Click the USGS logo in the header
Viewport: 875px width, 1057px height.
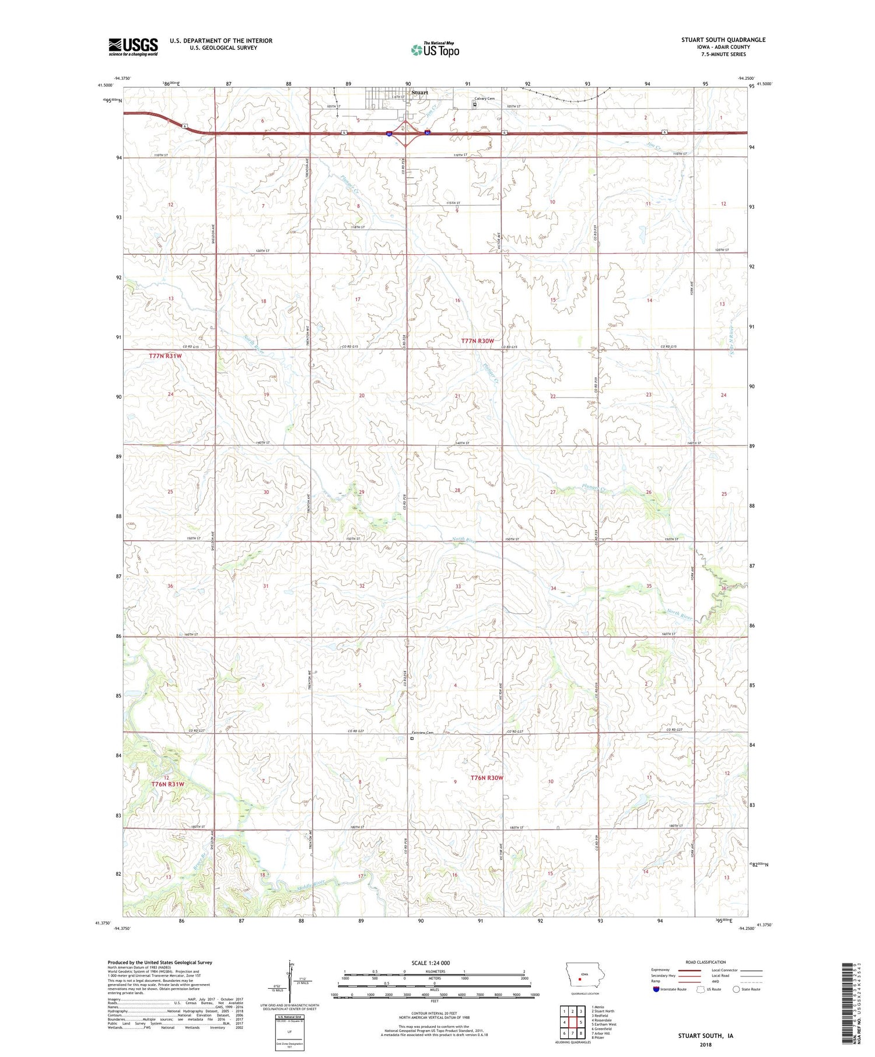[x=133, y=47]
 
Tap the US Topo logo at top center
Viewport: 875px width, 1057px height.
[x=435, y=50]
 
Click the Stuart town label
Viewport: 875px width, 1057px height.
[x=419, y=93]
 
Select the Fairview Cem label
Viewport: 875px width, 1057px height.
[x=423, y=733]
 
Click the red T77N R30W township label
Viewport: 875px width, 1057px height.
[x=478, y=340]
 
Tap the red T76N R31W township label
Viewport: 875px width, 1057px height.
[x=167, y=784]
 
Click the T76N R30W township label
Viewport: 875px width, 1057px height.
[x=487, y=778]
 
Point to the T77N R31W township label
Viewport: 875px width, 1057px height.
[x=165, y=356]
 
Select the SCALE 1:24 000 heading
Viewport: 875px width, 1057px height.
[x=435, y=963]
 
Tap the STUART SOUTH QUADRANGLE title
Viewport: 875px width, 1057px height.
[x=723, y=40]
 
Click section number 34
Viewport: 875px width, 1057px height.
[x=553, y=588]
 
